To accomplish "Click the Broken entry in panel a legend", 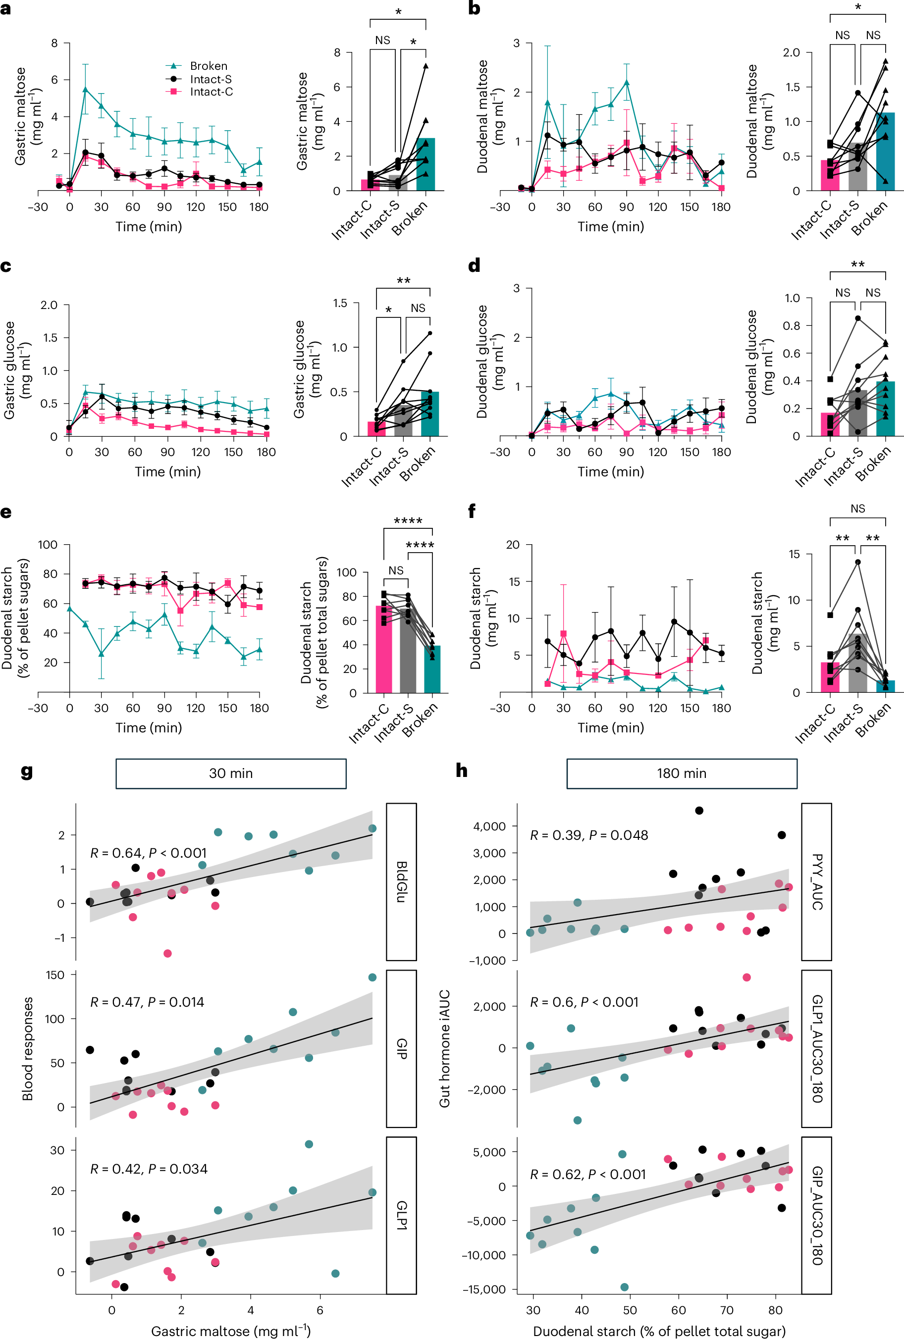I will click(x=208, y=66).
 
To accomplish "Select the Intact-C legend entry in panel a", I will click(x=211, y=92).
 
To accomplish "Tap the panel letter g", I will click(x=27, y=771).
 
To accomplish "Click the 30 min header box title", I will click(x=230, y=773).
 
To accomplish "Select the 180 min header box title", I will click(x=681, y=773).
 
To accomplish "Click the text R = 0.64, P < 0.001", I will click(x=148, y=853).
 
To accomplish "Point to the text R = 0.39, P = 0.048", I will click(x=588, y=835).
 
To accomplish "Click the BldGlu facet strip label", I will click(x=401, y=881).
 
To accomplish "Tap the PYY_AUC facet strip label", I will click(x=816, y=881).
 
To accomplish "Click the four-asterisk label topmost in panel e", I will click(x=408, y=521).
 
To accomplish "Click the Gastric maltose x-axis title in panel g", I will click(x=230, y=1331).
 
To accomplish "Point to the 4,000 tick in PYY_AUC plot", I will click(x=489, y=826).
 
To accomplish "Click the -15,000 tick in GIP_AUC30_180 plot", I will click(x=485, y=1289).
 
